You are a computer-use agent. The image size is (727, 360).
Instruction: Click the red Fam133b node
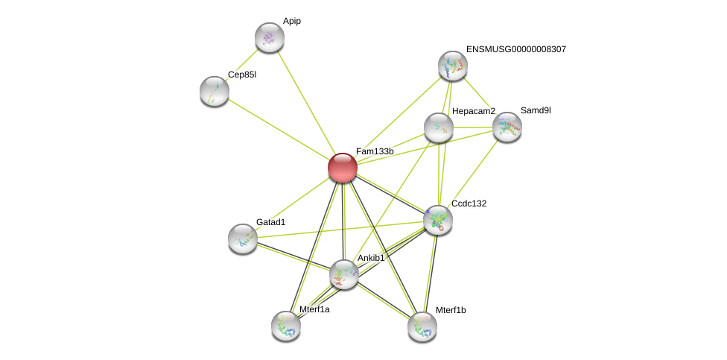click(x=343, y=168)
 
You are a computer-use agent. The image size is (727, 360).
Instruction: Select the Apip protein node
click(x=269, y=37)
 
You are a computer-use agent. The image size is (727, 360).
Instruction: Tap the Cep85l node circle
click(x=215, y=91)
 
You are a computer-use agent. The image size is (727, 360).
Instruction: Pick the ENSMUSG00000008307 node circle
click(x=452, y=66)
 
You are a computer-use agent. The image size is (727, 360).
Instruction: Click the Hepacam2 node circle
click(x=439, y=127)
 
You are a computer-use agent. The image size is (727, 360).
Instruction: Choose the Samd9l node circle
click(x=507, y=127)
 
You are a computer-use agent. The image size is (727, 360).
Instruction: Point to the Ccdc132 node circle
click(x=437, y=220)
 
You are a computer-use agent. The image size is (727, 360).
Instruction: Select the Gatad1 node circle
click(x=243, y=239)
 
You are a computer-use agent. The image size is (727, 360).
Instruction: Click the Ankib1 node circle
click(x=344, y=274)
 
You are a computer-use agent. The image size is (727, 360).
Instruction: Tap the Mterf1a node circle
click(x=286, y=326)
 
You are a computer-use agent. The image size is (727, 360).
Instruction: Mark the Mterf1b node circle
click(x=422, y=326)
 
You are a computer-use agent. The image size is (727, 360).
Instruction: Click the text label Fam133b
click(x=375, y=151)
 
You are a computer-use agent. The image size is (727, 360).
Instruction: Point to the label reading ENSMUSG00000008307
click(x=516, y=49)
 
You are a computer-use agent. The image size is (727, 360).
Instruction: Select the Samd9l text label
click(x=536, y=110)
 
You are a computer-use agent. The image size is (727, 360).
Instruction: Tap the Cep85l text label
click(x=242, y=75)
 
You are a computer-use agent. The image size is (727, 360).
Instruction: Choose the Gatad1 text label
click(x=271, y=222)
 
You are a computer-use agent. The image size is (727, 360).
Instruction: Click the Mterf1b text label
click(x=451, y=310)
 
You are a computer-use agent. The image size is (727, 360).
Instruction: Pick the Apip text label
click(x=292, y=21)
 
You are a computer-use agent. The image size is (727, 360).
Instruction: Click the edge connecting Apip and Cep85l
click(x=242, y=64)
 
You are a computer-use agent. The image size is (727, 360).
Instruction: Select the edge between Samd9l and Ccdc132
click(x=472, y=173)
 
